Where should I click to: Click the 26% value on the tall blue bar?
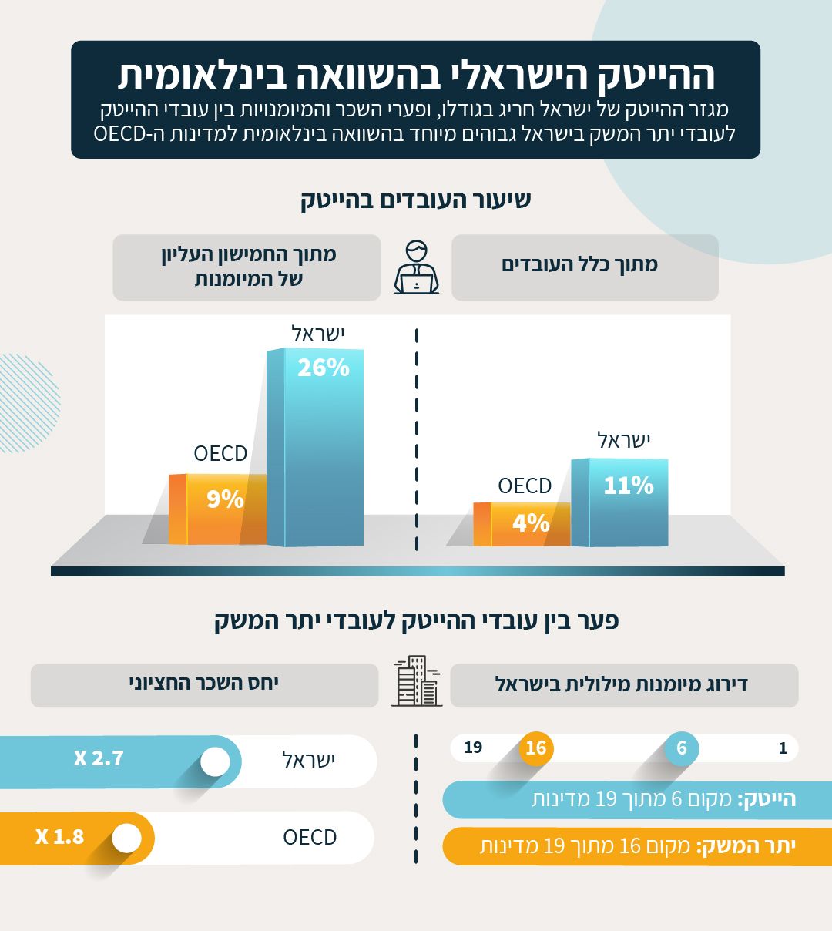pyautogui.click(x=324, y=368)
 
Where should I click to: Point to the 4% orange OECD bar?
pyautogui.click(x=524, y=524)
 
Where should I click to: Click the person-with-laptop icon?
pyautogui.click(x=416, y=267)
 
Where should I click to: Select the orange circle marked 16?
pyautogui.click(x=536, y=748)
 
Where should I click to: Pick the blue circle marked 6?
pyautogui.click(x=682, y=748)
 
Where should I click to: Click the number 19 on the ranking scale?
pyautogui.click(x=473, y=748)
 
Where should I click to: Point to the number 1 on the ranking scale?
pyautogui.click(x=783, y=748)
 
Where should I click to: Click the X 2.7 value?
pyautogui.click(x=99, y=758)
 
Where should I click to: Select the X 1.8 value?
pyautogui.click(x=59, y=837)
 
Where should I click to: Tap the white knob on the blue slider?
pyautogui.click(x=215, y=761)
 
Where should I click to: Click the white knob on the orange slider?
pyautogui.click(x=127, y=839)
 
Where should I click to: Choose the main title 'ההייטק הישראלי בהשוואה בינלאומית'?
pyautogui.click(x=416, y=76)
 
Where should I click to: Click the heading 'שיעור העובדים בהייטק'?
pyautogui.click(x=416, y=200)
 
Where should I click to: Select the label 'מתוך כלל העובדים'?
pyautogui.click(x=580, y=265)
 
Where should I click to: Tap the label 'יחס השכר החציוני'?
pyautogui.click(x=203, y=683)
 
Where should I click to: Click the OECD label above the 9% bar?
pyautogui.click(x=220, y=453)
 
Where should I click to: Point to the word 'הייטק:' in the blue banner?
pyautogui.click(x=767, y=799)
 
